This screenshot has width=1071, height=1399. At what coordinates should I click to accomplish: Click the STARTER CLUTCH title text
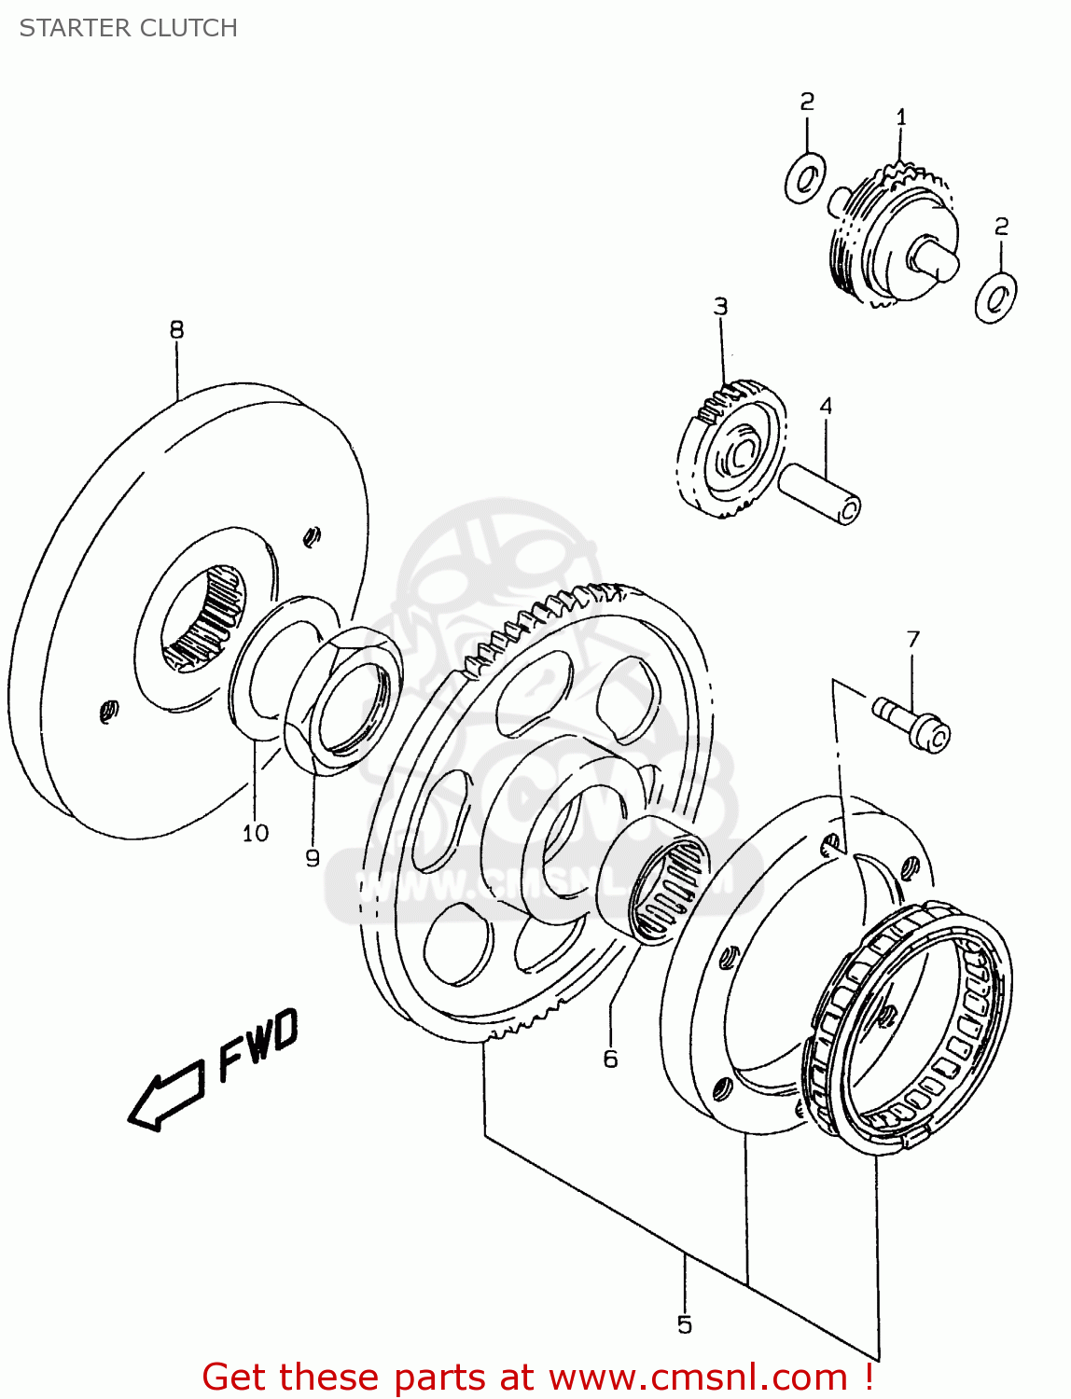click(129, 28)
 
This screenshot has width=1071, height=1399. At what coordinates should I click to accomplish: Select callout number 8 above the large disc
click(176, 330)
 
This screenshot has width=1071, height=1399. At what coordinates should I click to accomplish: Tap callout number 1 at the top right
click(901, 118)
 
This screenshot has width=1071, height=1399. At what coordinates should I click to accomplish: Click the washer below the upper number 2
click(805, 177)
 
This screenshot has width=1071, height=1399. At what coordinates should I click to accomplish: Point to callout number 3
click(720, 307)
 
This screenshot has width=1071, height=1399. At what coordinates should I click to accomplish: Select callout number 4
click(826, 407)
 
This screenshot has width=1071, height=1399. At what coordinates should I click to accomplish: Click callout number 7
click(912, 640)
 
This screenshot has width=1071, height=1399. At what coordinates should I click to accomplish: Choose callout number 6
click(610, 1060)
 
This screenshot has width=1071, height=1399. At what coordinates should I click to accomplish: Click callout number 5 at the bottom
click(685, 1325)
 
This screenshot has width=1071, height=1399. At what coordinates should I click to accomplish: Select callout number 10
click(255, 834)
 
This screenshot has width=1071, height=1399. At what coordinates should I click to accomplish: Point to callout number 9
click(313, 858)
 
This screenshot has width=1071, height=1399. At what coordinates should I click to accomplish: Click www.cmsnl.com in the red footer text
click(697, 1378)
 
